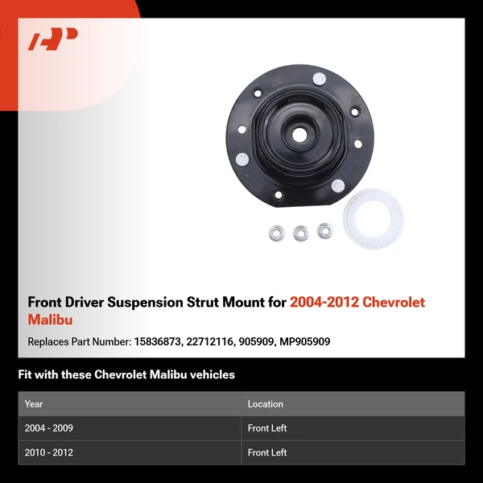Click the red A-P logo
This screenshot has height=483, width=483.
[53, 39]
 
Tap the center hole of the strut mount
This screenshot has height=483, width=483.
[299, 135]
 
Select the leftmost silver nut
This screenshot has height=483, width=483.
[276, 233]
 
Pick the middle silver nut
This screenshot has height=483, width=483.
[301, 233]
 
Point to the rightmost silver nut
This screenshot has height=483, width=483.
[325, 230]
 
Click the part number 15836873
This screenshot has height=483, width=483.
[158, 342]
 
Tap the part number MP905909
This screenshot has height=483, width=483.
[305, 342]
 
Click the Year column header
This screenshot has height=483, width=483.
[34, 404]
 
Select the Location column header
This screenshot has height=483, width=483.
[266, 404]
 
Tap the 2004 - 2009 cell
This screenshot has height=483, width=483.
[49, 428]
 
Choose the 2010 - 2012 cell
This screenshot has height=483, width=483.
[49, 452]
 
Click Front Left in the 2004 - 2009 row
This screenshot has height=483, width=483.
[267, 428]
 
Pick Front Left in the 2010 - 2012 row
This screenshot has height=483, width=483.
[267, 452]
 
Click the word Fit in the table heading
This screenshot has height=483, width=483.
[25, 374]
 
